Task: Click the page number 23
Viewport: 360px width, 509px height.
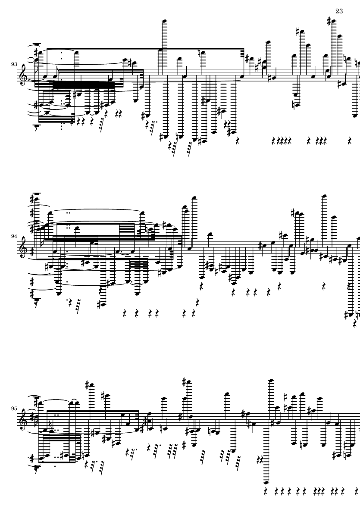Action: coord(338,11)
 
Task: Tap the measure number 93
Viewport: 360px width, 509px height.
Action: coord(15,64)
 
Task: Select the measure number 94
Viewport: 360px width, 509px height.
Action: coord(15,236)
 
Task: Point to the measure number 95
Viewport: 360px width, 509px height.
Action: coord(15,408)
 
